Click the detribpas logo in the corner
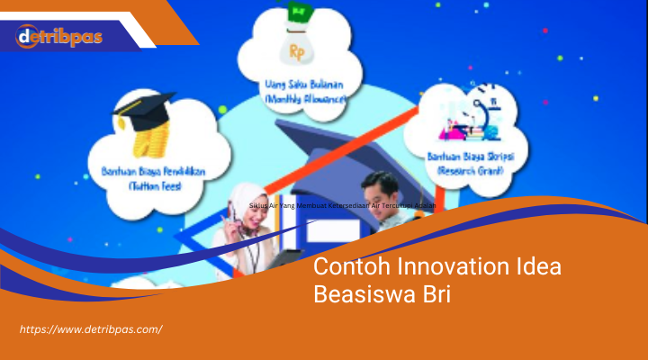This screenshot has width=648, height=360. pos(58,37)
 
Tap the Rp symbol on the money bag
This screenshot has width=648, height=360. pos(298,52)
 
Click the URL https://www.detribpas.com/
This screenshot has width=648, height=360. pos(91,329)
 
